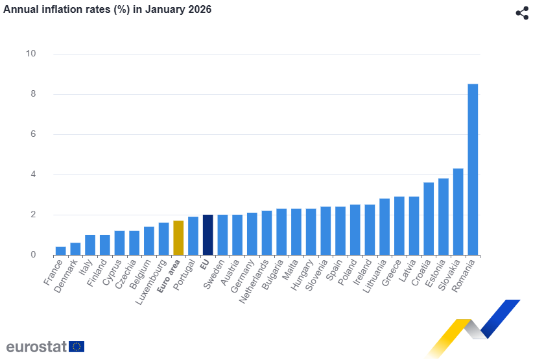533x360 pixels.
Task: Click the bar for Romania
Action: tap(473, 169)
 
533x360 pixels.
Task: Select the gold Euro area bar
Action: tap(178, 237)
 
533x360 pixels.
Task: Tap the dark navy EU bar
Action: tap(207, 235)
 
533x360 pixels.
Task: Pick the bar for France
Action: tap(60, 250)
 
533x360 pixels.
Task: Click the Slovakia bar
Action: tap(458, 211)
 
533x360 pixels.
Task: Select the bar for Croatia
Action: tap(429, 219)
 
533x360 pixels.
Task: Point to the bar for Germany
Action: tap(252, 234)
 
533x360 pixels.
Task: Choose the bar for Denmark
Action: tap(75, 248)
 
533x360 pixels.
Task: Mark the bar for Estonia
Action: tap(444, 217)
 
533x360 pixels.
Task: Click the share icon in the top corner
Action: tap(522, 13)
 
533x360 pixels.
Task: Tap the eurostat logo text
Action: tap(36, 346)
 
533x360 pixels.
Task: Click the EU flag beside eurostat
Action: tap(77, 346)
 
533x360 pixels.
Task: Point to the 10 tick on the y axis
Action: tap(30, 54)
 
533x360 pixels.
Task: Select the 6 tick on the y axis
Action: tap(32, 134)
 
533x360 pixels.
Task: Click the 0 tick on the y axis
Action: tap(32, 255)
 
